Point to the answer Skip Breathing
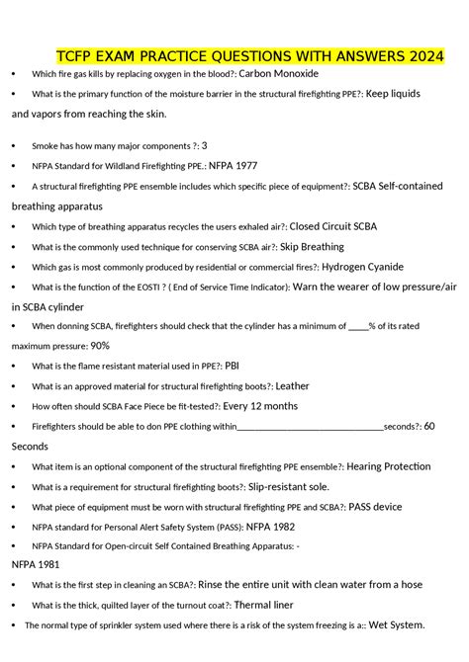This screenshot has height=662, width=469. [x=312, y=247]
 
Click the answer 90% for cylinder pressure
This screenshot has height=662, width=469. [x=100, y=346]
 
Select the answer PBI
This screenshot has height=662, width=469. [x=232, y=366]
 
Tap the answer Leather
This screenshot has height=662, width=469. [x=292, y=385]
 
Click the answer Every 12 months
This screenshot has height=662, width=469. [x=260, y=406]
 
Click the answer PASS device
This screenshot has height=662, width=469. [x=375, y=507]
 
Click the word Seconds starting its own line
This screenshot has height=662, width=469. [x=31, y=446]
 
